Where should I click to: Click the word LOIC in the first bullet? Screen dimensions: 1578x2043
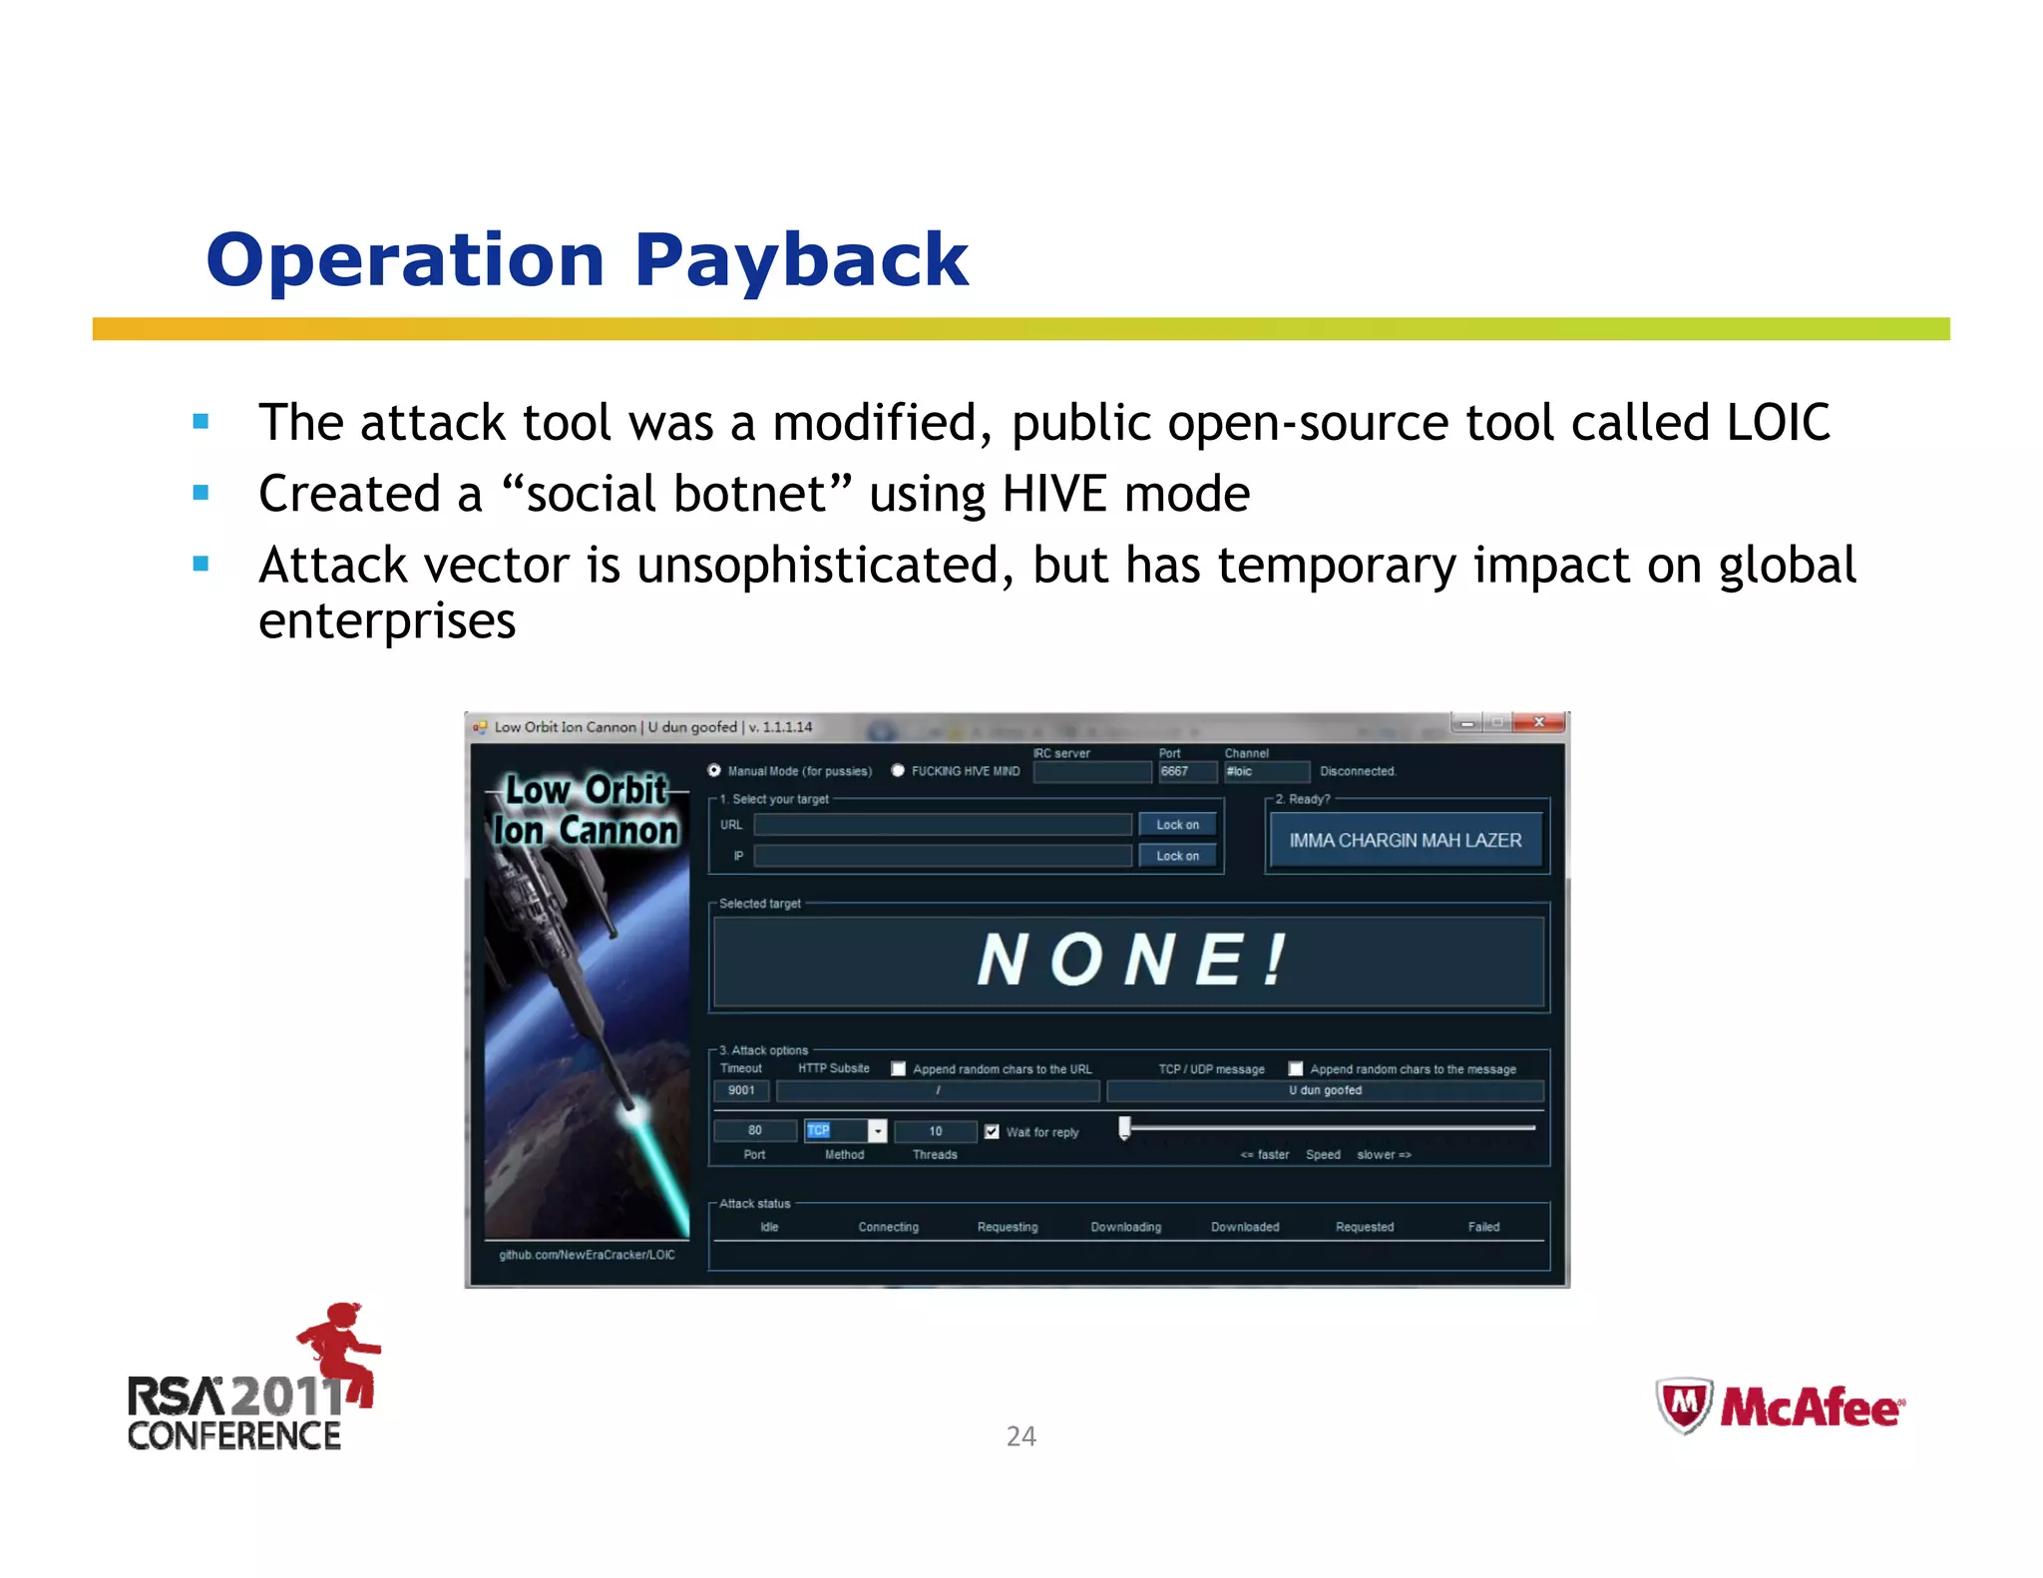pyautogui.click(x=1778, y=423)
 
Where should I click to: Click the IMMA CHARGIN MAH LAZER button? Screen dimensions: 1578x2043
pyautogui.click(x=1405, y=841)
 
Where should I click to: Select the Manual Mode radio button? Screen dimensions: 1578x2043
pyautogui.click(x=714, y=771)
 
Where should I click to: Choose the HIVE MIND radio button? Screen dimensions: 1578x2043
pyautogui.click(x=898, y=771)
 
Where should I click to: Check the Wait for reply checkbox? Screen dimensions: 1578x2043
pyautogui.click(x=992, y=1131)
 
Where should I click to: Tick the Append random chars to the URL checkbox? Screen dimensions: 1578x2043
pyautogui.click(x=898, y=1069)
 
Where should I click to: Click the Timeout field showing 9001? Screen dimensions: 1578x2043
pyautogui.click(x=741, y=1090)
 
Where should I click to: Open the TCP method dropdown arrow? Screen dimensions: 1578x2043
pyautogui.click(x=877, y=1131)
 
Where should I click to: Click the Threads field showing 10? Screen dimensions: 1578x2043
pyautogui.click(x=936, y=1131)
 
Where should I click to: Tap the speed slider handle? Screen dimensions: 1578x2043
pyautogui.click(x=1124, y=1128)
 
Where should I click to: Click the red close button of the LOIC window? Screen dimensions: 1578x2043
pyautogui.click(x=1539, y=722)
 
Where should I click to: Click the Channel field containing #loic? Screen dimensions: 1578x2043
pyautogui.click(x=1266, y=772)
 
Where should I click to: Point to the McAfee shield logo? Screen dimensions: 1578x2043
pyautogui.click(x=1684, y=1406)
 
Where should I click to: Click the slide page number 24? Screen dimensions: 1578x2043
pyautogui.click(x=1021, y=1436)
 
